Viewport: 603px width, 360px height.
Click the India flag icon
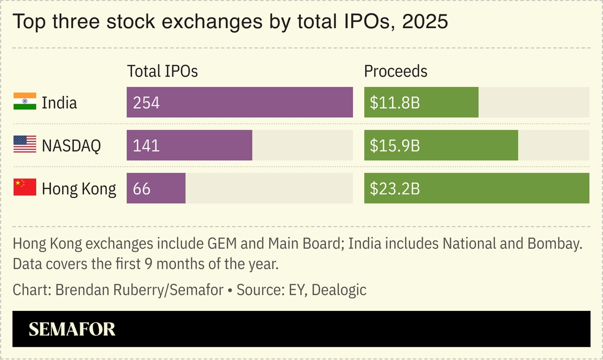tap(25, 102)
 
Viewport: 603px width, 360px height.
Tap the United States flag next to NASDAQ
tap(25, 144)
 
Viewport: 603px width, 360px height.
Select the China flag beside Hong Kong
tap(25, 187)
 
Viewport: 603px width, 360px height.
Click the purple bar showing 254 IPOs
tap(239, 102)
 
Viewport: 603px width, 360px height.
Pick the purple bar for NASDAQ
tap(189, 145)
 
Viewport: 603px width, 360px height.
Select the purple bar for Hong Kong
tap(156, 188)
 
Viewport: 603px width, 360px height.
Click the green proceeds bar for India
tap(421, 102)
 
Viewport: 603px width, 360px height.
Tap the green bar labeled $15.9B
tap(441, 145)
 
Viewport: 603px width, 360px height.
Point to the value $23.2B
tap(395, 188)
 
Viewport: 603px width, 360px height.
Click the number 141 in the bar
tap(146, 145)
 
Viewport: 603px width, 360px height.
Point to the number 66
tap(141, 188)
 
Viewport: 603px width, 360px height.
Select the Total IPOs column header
tap(162, 71)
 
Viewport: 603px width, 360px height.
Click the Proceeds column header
tap(395, 71)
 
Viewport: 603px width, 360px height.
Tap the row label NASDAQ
tap(71, 145)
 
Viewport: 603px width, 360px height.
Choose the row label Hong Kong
tap(79, 188)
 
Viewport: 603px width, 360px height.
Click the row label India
tap(59, 103)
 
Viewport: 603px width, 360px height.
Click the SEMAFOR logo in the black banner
tap(72, 329)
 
